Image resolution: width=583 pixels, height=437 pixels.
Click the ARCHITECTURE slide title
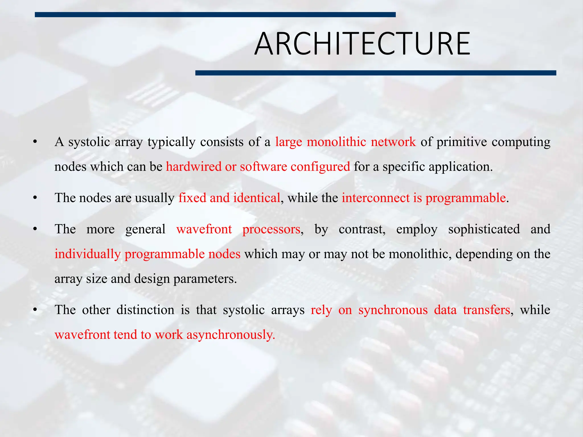[x=362, y=44]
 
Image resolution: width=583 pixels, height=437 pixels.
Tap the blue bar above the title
[x=215, y=15]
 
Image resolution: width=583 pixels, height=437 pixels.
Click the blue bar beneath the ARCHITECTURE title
[x=375, y=73]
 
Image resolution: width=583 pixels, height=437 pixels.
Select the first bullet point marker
[x=35, y=142]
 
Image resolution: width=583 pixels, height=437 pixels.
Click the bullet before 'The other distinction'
[x=35, y=310]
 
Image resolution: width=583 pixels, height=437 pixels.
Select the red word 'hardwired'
[x=194, y=167]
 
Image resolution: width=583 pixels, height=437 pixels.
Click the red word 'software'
[x=263, y=167]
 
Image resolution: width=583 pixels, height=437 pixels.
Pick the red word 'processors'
[x=271, y=229]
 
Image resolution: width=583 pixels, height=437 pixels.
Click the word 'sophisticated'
[x=484, y=229]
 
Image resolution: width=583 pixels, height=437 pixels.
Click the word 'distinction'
[x=145, y=310]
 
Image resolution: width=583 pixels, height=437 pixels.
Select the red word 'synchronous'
[x=393, y=310]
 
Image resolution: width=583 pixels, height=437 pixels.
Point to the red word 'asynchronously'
[x=231, y=335]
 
